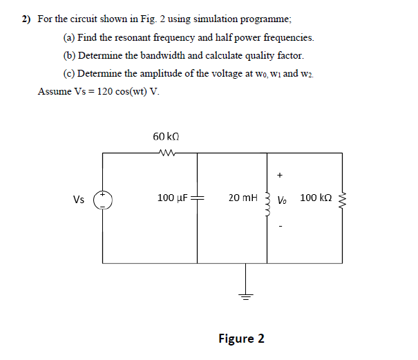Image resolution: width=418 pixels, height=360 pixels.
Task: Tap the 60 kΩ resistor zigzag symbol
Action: (x=169, y=153)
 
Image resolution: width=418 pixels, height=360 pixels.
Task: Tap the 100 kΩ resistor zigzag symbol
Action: (x=343, y=200)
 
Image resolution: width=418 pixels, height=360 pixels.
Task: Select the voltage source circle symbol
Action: (x=104, y=200)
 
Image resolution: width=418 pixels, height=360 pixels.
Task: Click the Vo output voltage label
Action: (x=283, y=200)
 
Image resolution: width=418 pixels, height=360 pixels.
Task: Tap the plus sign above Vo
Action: (x=281, y=176)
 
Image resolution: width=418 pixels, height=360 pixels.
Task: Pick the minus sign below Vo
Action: (x=281, y=224)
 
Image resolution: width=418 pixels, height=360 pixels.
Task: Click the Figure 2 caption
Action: (x=241, y=339)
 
